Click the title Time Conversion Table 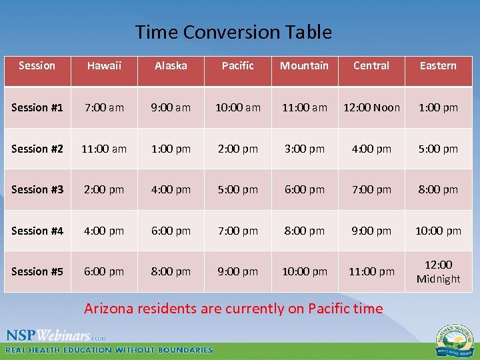click(233, 32)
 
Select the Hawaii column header click(104, 65)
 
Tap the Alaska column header click(171, 65)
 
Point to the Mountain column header click(304, 65)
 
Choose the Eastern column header click(438, 65)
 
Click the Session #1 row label click(37, 107)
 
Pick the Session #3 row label click(37, 189)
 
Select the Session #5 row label click(37, 271)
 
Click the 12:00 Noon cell click(371, 107)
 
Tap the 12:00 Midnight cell click(438, 272)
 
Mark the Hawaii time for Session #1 click(104, 107)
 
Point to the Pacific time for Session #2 click(238, 149)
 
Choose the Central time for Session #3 click(371, 189)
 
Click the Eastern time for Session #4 click(438, 231)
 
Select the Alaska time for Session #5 click(171, 271)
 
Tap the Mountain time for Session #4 click(304, 231)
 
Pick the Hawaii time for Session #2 click(104, 149)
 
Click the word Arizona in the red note click(110, 309)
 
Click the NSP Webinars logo click(57, 335)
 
